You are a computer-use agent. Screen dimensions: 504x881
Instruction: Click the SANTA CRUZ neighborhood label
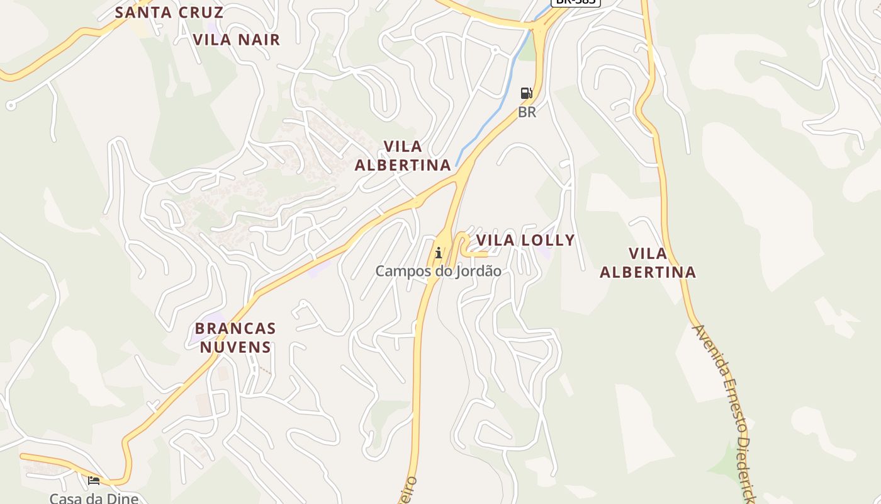[169, 12]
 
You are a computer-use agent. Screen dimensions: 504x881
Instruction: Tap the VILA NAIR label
[236, 40]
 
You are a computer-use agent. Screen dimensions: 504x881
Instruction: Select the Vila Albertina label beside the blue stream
[403, 156]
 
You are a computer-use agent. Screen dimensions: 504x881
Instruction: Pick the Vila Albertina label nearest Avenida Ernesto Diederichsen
[648, 263]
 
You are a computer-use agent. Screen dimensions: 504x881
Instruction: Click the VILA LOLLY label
[525, 240]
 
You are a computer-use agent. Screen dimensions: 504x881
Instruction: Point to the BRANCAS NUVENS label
[235, 338]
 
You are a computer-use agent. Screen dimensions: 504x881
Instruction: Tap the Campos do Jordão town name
[438, 272]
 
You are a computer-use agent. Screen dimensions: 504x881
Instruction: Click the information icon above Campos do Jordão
[439, 253]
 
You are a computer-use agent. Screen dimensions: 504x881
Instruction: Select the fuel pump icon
[526, 94]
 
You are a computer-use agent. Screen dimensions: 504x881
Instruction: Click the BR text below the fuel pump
[527, 113]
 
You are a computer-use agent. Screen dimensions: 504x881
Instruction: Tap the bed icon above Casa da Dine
[94, 481]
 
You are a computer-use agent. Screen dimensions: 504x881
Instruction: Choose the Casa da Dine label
[94, 498]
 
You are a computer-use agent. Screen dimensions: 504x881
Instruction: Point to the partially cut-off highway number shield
[575, 3]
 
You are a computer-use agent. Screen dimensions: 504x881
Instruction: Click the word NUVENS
[235, 347]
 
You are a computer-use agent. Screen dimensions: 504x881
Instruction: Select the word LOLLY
[552, 240]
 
